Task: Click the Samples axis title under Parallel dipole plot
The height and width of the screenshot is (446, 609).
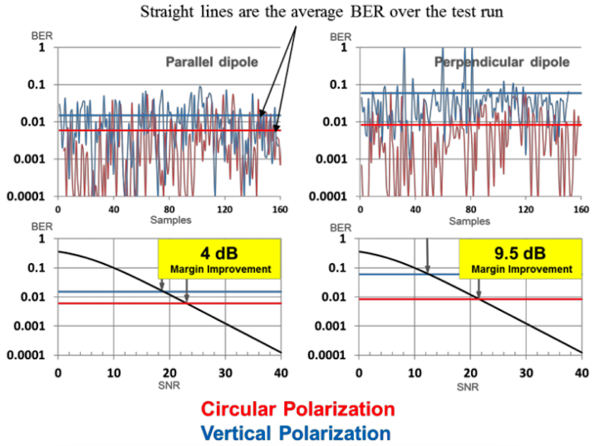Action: pyautogui.click(x=171, y=220)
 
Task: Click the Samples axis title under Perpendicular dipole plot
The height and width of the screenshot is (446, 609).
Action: pyautogui.click(x=469, y=220)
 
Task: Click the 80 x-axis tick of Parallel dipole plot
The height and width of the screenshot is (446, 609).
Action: pyautogui.click(x=170, y=209)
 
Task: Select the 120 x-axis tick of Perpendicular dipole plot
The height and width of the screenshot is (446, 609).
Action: pyautogui.click(x=525, y=209)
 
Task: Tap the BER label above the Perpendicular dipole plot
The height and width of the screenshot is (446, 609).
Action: pyautogui.click(x=340, y=36)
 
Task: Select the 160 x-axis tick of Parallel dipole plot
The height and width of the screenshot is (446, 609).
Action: pyautogui.click(x=280, y=209)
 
